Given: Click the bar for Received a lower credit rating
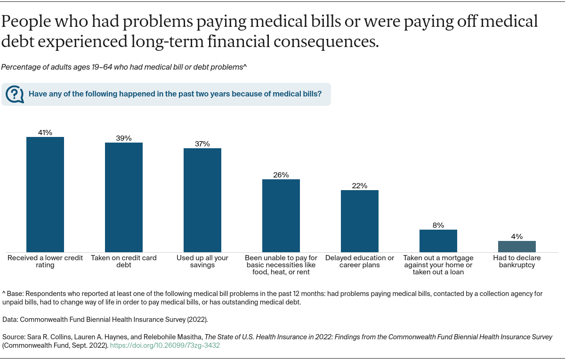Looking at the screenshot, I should point(45,194).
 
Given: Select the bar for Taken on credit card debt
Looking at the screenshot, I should point(124,197).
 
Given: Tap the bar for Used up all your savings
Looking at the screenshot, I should point(202,200).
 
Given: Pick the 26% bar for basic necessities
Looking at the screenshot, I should point(281,216).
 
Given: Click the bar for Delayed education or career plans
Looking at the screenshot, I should point(360,221).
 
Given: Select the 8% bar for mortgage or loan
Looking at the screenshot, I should point(438,240).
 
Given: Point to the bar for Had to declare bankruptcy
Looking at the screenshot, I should point(517,246).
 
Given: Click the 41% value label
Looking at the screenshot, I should point(45,133).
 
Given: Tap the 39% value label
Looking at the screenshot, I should point(124,138).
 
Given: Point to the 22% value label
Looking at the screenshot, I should point(360,186).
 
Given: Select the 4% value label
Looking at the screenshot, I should point(517,237).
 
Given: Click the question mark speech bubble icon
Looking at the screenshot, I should point(15,94).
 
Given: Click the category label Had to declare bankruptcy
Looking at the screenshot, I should point(517,262).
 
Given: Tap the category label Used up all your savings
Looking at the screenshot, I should point(202,262).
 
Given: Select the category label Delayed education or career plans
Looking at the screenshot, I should point(360,262).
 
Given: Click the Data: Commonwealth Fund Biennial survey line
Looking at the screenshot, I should point(105,320).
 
